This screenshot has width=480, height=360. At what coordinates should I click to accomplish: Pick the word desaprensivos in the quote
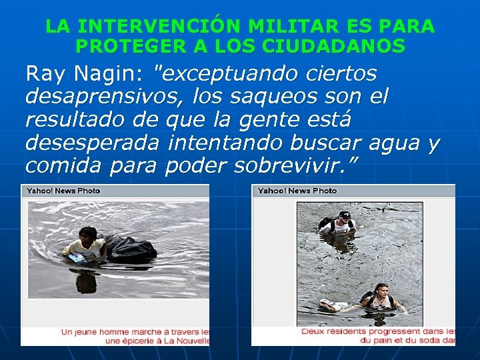click(101, 97)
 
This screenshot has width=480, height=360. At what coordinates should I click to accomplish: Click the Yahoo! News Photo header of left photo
click(63, 191)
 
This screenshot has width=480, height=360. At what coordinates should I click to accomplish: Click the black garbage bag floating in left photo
click(131, 247)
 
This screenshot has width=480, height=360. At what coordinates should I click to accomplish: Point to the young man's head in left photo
click(87, 234)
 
